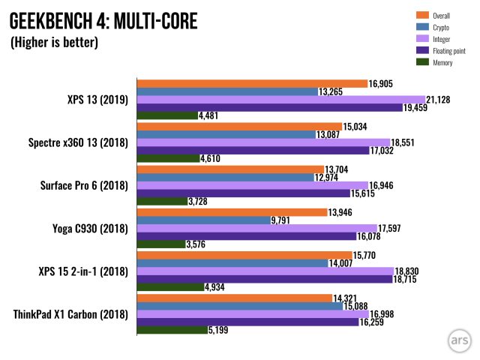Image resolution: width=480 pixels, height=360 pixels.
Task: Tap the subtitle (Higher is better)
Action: [54, 43]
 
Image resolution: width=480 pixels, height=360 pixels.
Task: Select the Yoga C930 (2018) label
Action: [88, 228]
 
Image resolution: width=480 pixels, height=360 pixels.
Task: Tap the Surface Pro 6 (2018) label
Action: [80, 185]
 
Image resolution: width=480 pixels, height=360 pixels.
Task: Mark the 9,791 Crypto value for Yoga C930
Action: [284, 220]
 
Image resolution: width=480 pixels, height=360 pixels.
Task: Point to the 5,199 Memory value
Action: [221, 330]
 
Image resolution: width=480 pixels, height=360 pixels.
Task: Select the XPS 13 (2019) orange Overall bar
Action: [251, 83]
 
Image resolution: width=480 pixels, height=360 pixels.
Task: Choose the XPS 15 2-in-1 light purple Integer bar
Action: [265, 271]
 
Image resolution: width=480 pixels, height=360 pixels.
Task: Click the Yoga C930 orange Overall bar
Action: [231, 211]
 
